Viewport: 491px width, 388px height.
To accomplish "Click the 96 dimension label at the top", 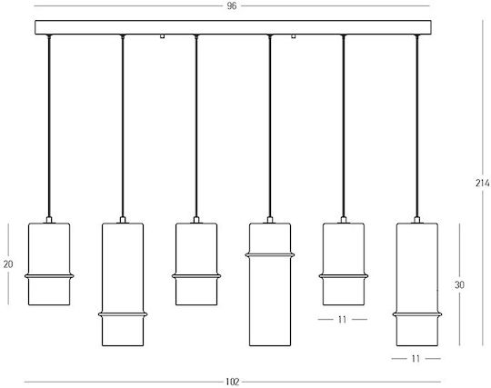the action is (x=232, y=6).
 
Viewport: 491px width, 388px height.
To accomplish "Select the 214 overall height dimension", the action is (x=483, y=183).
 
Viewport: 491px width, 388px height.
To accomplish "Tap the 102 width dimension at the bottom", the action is (x=233, y=382).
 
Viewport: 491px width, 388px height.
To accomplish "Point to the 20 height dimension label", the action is (x=8, y=264).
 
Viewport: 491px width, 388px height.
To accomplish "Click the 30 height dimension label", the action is (x=459, y=284).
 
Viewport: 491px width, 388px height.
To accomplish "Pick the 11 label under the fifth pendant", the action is (x=342, y=320).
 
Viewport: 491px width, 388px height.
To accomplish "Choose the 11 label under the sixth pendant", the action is (x=416, y=358).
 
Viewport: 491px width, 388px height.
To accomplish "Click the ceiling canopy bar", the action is (x=233, y=27).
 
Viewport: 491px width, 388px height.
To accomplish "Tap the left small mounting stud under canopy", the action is (x=162, y=36).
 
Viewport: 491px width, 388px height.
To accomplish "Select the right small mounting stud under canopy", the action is (x=294, y=36).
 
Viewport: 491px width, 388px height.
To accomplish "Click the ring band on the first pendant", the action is (x=49, y=276).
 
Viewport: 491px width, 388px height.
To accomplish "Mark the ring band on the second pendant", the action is (x=123, y=314).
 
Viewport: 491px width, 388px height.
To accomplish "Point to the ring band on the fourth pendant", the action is (x=270, y=255).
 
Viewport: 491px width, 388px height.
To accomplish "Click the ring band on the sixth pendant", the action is (x=417, y=314).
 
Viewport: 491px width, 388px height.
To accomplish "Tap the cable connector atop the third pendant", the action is (x=196, y=220).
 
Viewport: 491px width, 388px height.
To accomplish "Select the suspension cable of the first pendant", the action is (x=49, y=126).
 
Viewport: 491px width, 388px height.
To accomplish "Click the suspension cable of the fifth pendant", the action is (x=344, y=126).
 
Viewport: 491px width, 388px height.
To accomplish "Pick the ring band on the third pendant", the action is (x=196, y=276).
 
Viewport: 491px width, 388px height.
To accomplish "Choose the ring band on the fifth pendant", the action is (x=344, y=276).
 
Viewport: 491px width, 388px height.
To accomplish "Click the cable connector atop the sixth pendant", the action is (x=416, y=220).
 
